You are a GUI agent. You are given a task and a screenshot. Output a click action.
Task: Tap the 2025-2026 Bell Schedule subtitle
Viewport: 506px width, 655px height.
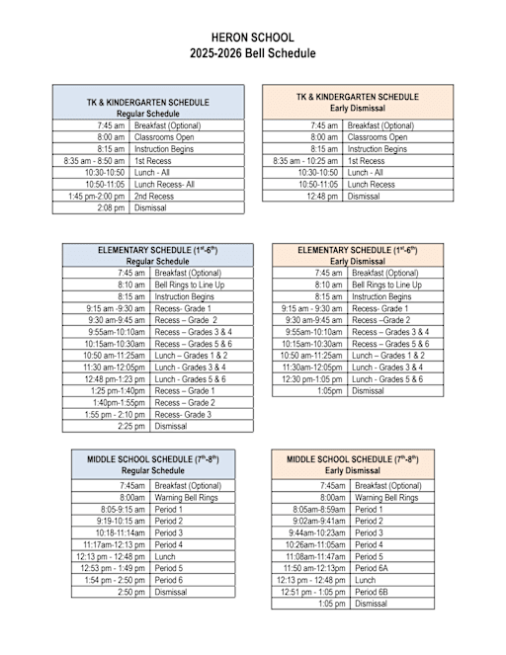click(253, 53)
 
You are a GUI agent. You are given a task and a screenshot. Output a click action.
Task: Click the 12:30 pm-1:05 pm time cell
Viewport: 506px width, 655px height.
click(312, 379)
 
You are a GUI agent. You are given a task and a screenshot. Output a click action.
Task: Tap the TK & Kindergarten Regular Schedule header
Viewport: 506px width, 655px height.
click(148, 108)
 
